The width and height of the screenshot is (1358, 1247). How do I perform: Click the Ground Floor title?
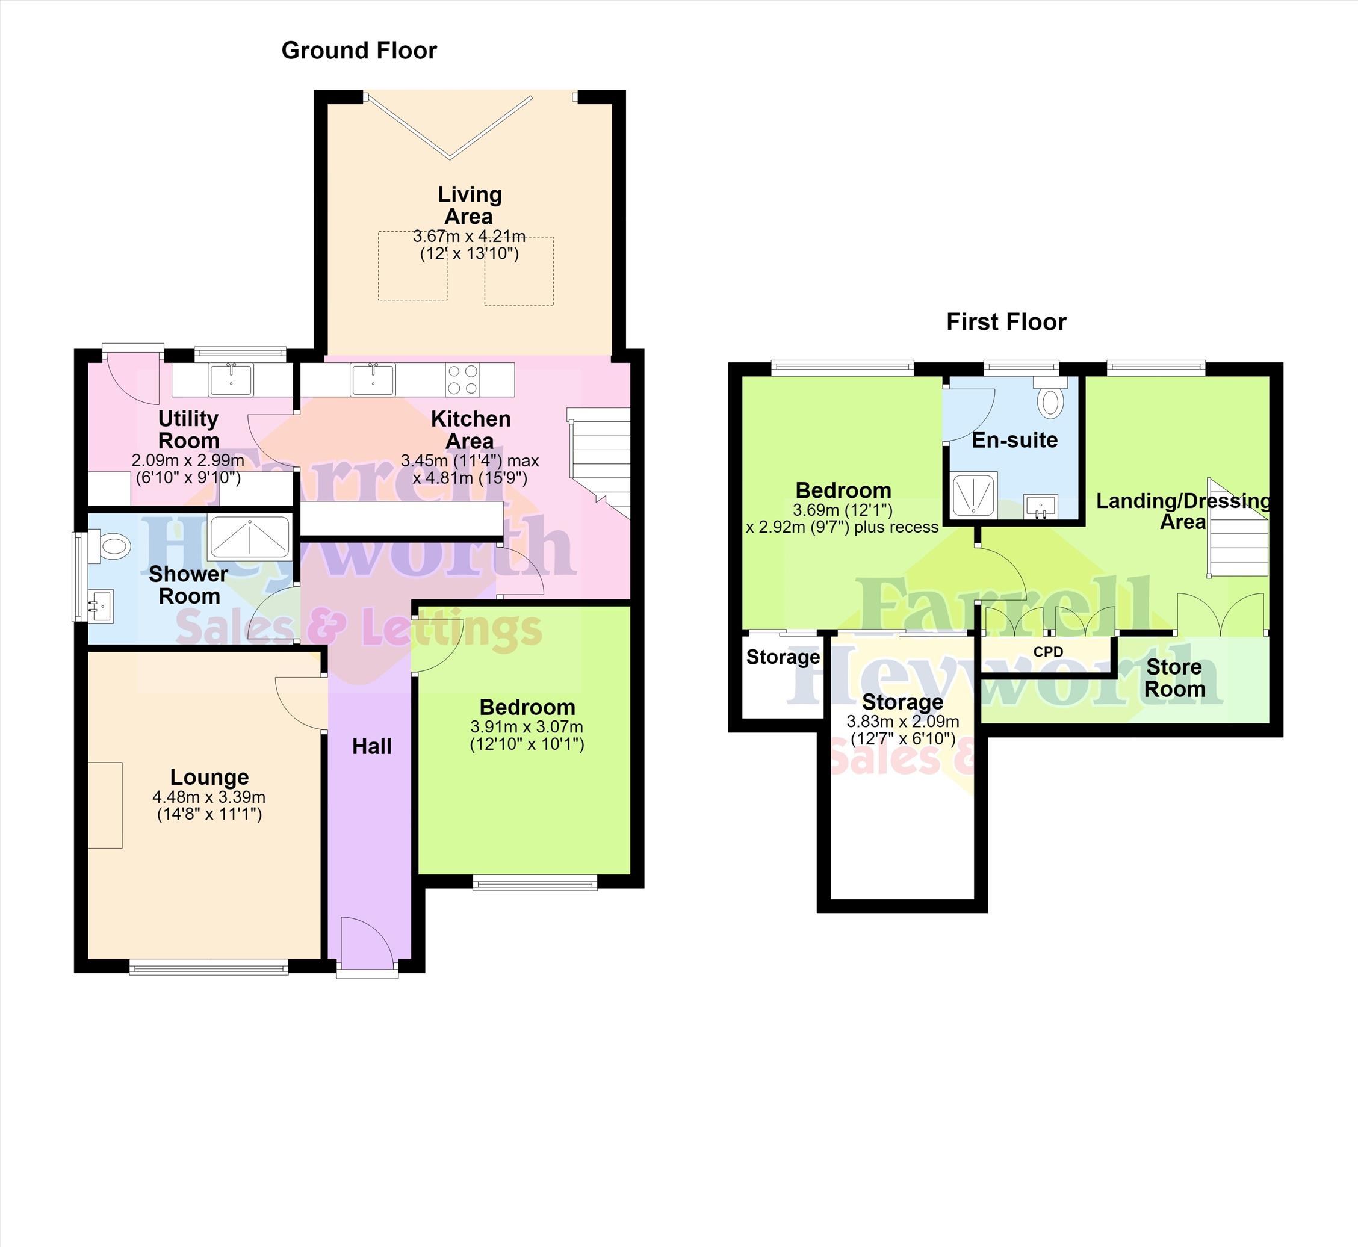tap(359, 51)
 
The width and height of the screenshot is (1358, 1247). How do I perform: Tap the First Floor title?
tap(1006, 322)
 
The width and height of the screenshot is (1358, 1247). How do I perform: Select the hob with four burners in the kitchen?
tap(463, 379)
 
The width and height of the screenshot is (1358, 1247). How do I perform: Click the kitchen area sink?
tap(373, 379)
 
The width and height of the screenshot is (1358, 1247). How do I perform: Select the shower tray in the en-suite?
tap(974, 496)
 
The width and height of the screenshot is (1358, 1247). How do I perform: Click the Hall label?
tap(372, 746)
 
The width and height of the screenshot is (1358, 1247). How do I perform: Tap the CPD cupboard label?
tap(1048, 652)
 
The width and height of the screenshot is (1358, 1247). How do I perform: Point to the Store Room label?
tap(1174, 678)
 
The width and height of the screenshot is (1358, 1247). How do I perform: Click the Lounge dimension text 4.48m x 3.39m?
tap(209, 797)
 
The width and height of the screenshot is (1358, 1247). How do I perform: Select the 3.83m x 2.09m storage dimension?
tap(903, 722)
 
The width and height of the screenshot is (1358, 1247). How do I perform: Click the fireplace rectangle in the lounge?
tap(105, 805)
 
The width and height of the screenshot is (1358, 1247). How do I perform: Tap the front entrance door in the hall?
tap(367, 945)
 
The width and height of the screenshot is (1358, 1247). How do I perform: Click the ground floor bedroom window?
tap(535, 883)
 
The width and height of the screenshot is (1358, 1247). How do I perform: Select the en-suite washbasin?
tap(1040, 506)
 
